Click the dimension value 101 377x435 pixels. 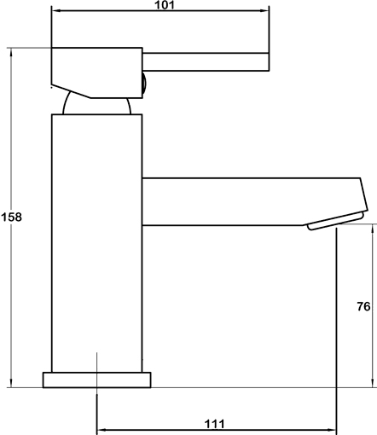coord(165,5)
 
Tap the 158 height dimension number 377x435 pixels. coord(11,217)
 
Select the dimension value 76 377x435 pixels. coord(363,306)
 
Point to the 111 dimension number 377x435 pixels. coord(215,424)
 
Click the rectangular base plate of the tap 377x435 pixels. coord(97,380)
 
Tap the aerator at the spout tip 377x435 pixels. coord(335,221)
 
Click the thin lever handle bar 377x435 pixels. coord(206,61)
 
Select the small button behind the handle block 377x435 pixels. coord(144,84)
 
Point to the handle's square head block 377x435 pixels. coord(96,72)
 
